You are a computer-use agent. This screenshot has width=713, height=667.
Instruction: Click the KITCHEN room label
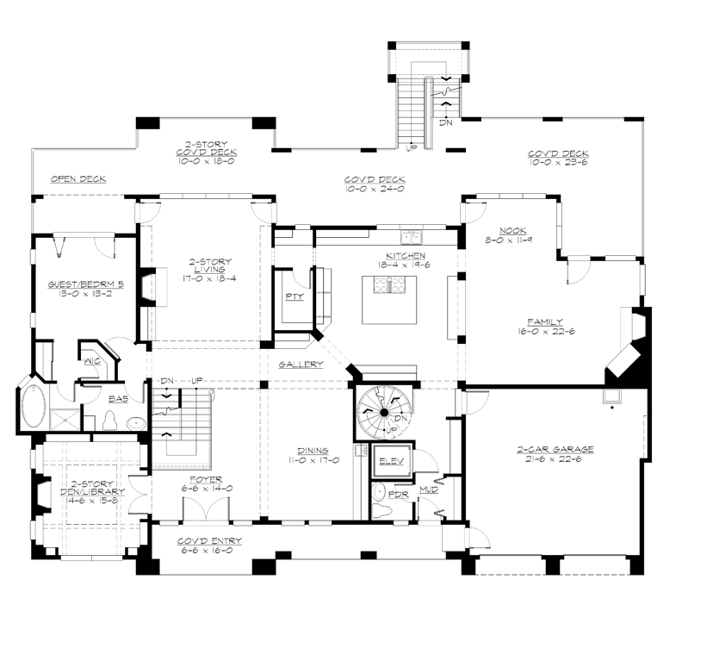(404, 256)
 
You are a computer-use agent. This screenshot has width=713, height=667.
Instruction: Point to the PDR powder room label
(398, 495)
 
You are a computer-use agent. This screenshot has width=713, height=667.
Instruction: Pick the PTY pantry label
(293, 296)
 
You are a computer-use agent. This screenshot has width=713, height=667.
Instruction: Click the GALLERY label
(301, 365)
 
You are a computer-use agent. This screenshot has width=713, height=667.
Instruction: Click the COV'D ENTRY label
(209, 540)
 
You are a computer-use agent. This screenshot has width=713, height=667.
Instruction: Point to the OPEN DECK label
(77, 179)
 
